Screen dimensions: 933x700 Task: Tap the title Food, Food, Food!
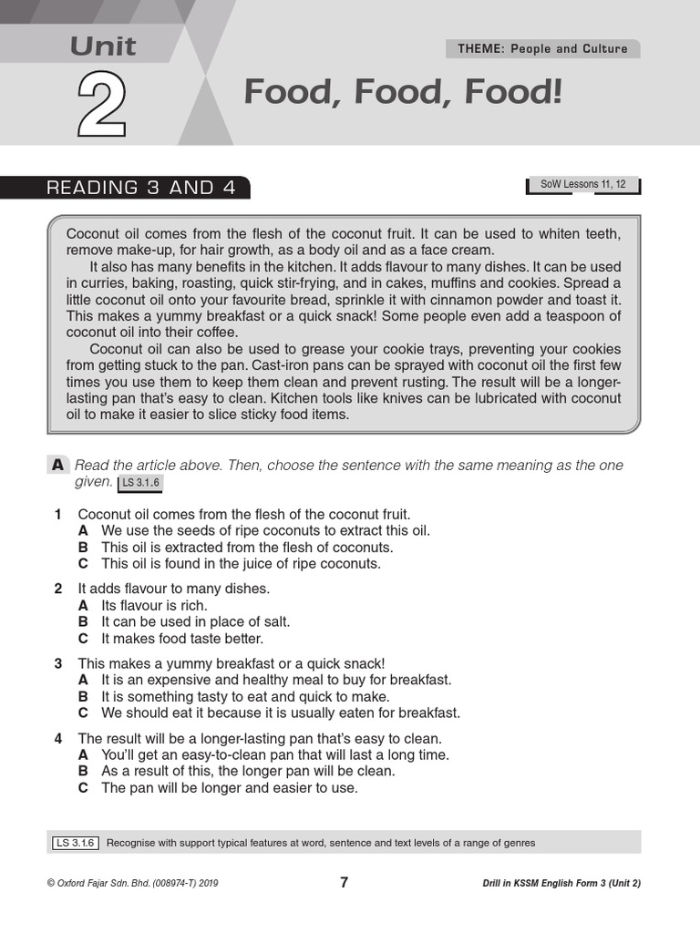click(403, 92)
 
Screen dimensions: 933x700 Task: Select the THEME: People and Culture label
click(542, 49)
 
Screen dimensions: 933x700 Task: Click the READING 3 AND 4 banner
click(140, 188)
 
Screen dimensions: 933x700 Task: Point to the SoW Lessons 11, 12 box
click(582, 185)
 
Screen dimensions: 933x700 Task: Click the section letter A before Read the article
click(57, 466)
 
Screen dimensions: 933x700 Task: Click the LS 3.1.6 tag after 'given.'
click(139, 483)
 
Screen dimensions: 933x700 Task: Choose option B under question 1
click(83, 548)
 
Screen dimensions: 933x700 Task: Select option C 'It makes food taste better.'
click(83, 638)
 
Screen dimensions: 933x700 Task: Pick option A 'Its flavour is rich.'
click(83, 605)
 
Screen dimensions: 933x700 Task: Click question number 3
click(58, 663)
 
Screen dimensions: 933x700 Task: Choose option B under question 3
click(83, 696)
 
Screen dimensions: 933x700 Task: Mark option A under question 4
click(83, 754)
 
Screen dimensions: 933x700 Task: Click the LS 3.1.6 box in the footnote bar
click(76, 843)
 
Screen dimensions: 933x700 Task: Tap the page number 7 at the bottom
click(344, 882)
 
